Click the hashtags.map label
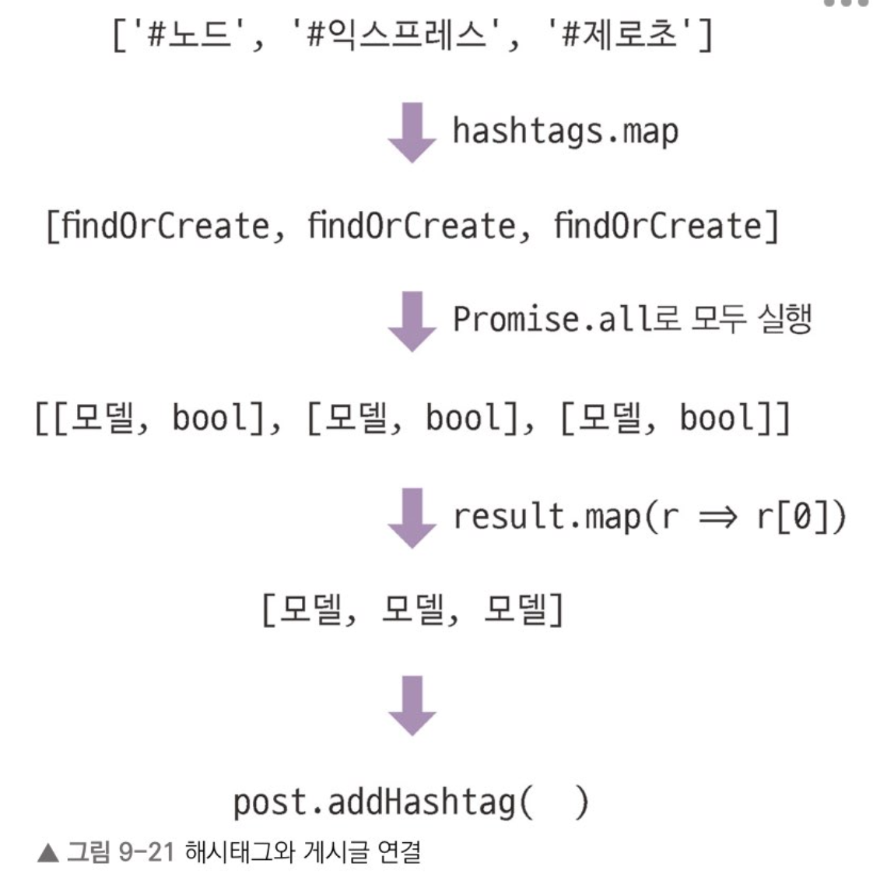click(565, 131)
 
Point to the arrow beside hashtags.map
click(412, 132)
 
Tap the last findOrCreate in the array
click(657, 226)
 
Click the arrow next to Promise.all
click(412, 321)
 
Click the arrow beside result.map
click(412, 517)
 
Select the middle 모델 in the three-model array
click(412, 611)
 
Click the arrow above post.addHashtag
click(412, 705)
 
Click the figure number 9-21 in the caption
click(145, 853)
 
